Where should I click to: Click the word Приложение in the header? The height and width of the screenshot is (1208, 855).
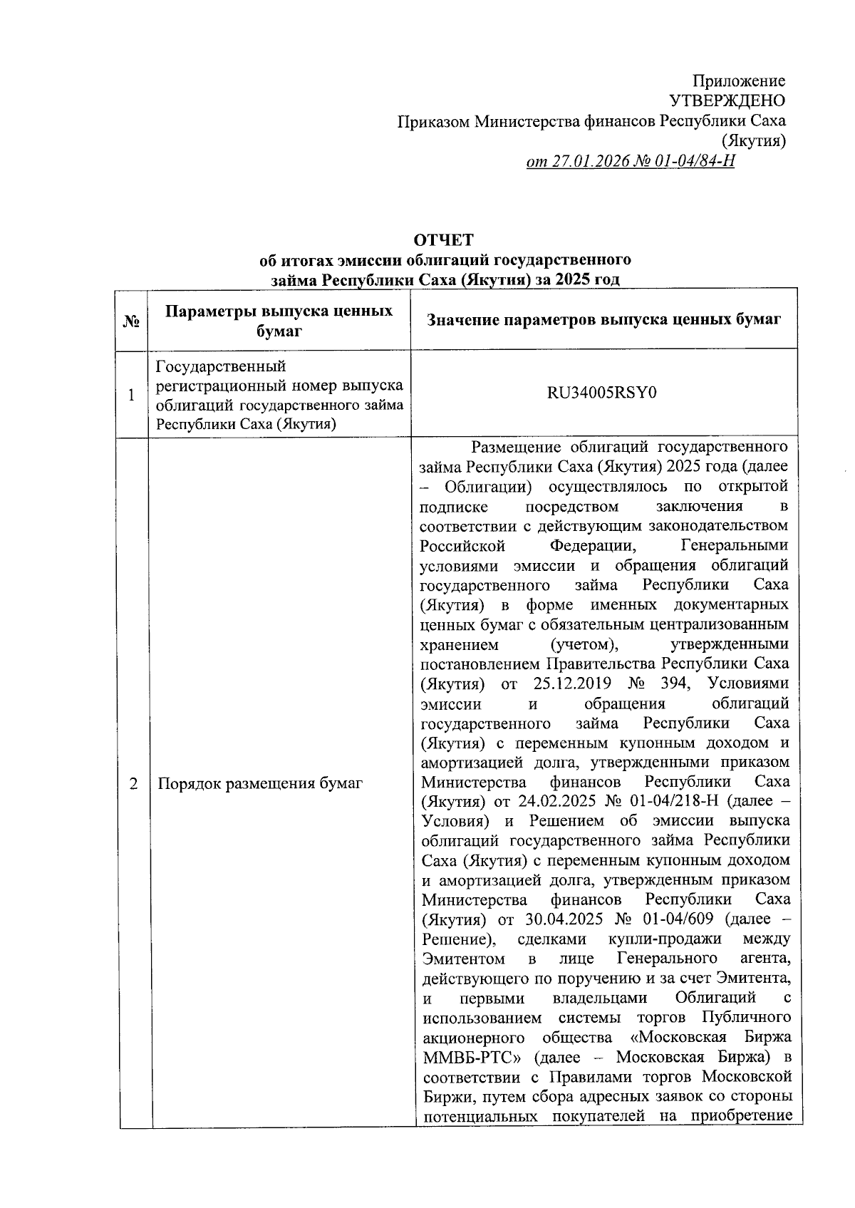tap(739, 81)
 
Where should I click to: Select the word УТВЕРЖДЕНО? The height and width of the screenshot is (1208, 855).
tap(727, 101)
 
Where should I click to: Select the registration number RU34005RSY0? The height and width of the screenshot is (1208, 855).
tap(602, 393)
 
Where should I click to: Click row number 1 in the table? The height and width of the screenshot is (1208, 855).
tap(131, 394)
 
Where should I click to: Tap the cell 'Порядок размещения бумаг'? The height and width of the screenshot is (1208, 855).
tap(260, 784)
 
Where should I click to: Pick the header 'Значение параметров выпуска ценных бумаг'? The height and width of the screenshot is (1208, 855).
tap(603, 320)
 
